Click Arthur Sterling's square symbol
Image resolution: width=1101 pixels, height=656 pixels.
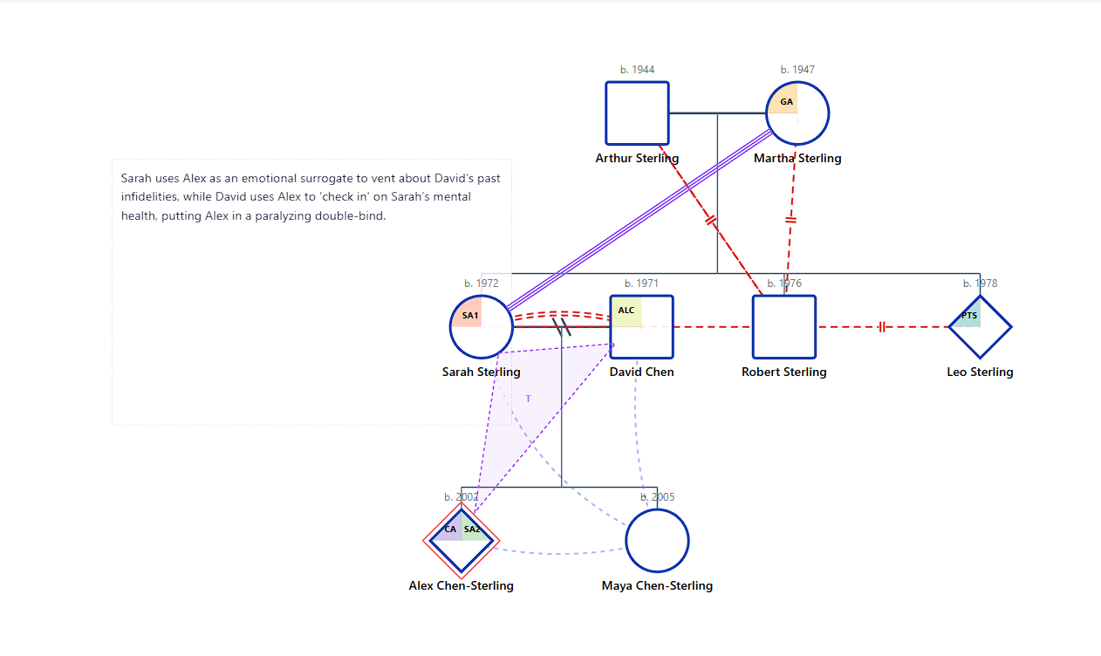click(637, 113)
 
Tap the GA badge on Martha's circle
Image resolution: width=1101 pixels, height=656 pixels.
click(786, 102)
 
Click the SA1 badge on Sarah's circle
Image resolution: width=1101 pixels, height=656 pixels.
click(469, 315)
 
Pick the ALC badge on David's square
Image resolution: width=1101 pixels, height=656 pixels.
click(626, 311)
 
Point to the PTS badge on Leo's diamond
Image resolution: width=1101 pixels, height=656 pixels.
click(968, 316)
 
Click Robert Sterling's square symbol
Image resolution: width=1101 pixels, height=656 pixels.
click(783, 327)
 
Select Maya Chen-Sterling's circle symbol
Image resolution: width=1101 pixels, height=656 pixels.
click(657, 541)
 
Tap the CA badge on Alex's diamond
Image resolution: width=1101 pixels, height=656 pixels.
click(450, 530)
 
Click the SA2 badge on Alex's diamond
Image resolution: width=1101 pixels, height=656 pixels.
click(472, 530)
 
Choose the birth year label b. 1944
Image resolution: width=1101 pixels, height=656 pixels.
click(637, 70)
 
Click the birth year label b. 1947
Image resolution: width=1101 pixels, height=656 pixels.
click(797, 70)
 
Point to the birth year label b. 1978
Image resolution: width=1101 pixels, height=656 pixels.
click(980, 284)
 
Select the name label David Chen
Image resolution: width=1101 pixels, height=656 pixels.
click(641, 372)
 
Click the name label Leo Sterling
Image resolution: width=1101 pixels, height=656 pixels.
click(980, 372)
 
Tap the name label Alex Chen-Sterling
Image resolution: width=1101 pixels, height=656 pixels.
click(461, 585)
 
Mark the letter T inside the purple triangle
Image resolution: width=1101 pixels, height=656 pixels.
click(528, 399)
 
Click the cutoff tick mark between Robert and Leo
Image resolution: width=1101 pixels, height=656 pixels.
click(882, 327)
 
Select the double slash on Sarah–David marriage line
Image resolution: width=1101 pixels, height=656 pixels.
click(563, 327)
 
